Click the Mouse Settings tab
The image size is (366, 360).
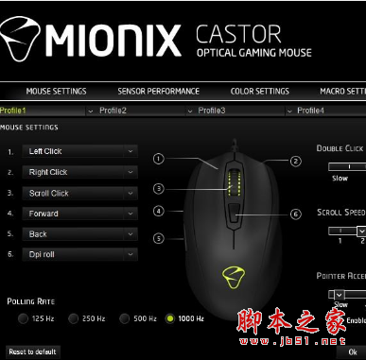click(56, 92)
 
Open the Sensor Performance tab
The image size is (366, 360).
click(158, 92)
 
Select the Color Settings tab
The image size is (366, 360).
click(260, 92)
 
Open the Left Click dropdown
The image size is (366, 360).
click(79, 151)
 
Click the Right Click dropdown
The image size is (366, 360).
click(79, 173)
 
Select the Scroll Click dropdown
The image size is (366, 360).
click(79, 194)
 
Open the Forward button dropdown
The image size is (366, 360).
click(79, 214)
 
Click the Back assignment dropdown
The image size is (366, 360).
click(79, 234)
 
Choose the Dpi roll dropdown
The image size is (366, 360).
click(79, 255)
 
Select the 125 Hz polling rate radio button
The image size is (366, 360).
click(24, 319)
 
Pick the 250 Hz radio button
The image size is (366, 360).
click(73, 319)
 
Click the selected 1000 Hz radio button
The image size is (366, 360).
click(170, 319)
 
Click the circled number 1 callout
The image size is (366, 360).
click(159, 159)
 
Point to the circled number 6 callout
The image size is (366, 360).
click(296, 214)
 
